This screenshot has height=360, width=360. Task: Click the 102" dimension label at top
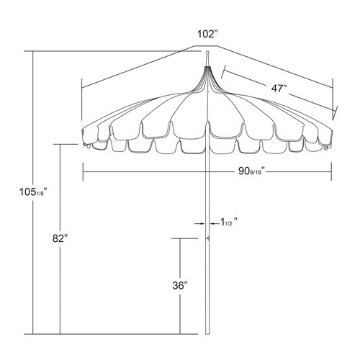click(207, 34)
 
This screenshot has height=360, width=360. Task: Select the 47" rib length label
click(279, 89)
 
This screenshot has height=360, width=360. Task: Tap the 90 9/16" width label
click(251, 171)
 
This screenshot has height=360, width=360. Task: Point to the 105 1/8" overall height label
click(33, 192)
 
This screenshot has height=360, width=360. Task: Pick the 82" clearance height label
click(60, 238)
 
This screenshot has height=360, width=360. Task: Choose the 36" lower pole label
click(180, 285)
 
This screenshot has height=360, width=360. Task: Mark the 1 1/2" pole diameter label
click(229, 222)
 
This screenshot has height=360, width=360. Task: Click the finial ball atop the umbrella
click(207, 52)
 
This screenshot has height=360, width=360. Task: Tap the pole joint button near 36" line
click(208, 238)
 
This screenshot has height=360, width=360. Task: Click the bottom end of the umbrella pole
click(207, 333)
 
